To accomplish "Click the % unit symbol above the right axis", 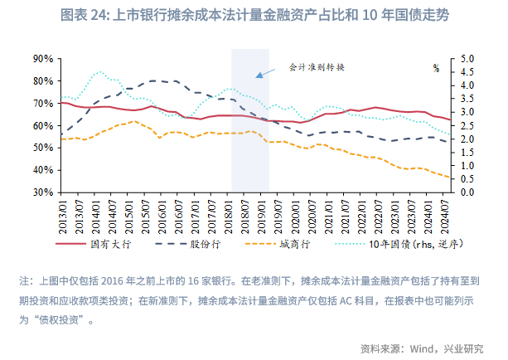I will tap(436, 68).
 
